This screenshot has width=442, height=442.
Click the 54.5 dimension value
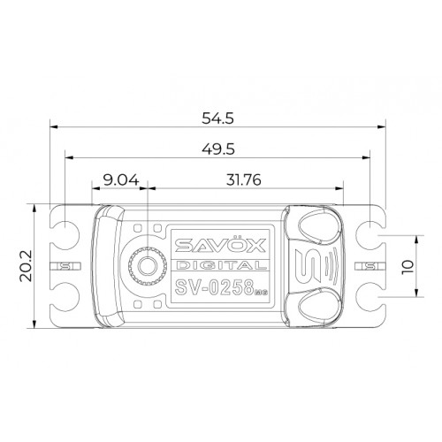217,118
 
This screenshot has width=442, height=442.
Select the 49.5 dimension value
218,149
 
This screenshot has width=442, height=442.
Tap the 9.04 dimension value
121,180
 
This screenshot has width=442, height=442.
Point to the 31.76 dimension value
244,180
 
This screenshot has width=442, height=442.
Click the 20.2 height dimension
26,266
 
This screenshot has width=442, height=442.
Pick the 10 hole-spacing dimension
408,267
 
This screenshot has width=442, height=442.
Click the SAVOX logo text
220,245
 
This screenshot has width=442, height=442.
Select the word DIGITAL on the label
221,265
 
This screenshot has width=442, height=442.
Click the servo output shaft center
148,266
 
